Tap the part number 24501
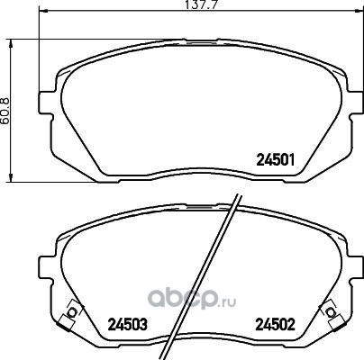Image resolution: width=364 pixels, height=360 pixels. (x=276, y=160)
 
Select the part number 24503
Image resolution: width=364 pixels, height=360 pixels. (x=128, y=324)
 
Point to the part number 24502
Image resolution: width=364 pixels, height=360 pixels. (x=275, y=324)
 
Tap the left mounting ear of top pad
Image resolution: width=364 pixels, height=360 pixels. (x=46, y=103)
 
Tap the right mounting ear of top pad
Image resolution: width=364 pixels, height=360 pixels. (x=356, y=103)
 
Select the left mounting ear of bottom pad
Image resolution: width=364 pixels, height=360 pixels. (x=46, y=267)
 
